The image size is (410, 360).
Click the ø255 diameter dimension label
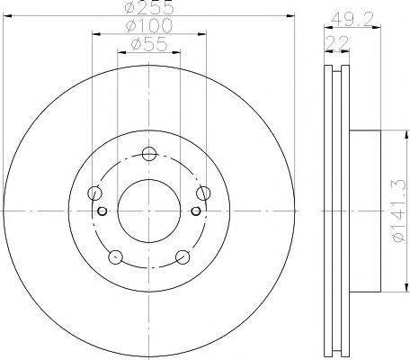(x=149, y=7)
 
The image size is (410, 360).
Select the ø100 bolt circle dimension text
(x=149, y=25)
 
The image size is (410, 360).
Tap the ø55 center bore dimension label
(x=149, y=44)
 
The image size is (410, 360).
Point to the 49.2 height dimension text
(x=352, y=20)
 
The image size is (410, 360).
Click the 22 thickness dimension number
(x=337, y=43)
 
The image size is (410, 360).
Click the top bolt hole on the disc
(x=149, y=154)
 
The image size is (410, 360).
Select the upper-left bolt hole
(x=94, y=193)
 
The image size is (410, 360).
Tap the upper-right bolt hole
(x=203, y=193)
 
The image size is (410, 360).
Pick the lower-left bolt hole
(x=116, y=257)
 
